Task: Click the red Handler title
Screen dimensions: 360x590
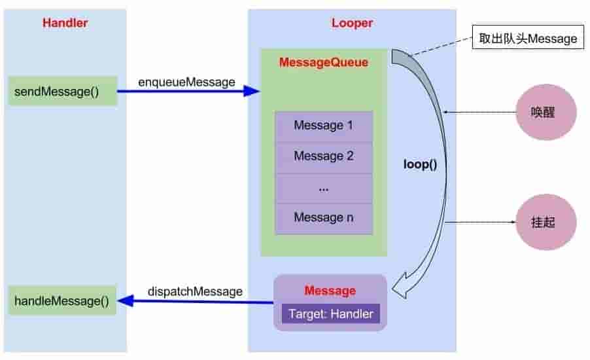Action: [65, 23]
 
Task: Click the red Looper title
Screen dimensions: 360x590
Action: [352, 23]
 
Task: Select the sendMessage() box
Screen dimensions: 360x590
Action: [63, 91]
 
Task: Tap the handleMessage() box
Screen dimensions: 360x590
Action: [63, 301]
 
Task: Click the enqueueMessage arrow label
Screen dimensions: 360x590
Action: [186, 82]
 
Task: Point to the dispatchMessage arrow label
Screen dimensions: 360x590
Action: [195, 291]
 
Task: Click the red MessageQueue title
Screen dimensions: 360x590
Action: [323, 63]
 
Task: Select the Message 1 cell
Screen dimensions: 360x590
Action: [323, 126]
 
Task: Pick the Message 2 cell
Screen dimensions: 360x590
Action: [323, 156]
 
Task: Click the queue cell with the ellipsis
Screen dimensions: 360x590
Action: [323, 188]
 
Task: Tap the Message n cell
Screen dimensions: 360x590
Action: [323, 218]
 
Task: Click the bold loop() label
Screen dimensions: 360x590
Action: [420, 164]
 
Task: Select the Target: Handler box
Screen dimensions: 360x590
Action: [330, 314]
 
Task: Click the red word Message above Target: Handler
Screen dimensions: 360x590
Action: [330, 291]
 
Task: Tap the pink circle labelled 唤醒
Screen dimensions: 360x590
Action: [545, 112]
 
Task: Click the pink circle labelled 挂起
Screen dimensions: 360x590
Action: [545, 223]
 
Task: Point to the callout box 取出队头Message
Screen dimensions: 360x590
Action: [528, 39]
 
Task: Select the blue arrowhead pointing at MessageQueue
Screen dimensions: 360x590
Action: [252, 91]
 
